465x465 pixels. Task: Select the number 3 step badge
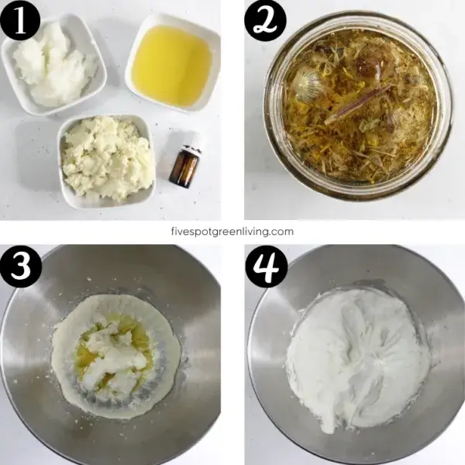click(x=21, y=267)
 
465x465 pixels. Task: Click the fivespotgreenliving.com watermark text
click(x=232, y=231)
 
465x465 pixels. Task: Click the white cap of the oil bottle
click(x=191, y=143)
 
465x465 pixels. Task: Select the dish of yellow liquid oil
click(x=171, y=65)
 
